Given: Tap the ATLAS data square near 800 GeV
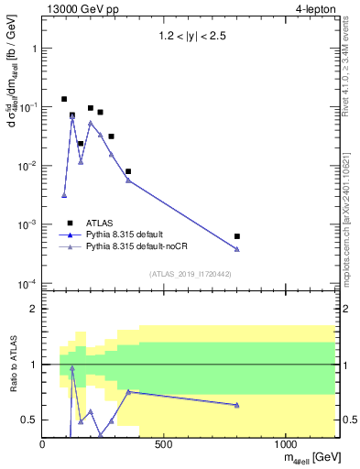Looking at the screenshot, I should pyautogui.click(x=237, y=236).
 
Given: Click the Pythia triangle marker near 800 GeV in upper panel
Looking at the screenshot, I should pyautogui.click(x=237, y=249).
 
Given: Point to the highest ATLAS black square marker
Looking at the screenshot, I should pyautogui.click(x=64, y=99).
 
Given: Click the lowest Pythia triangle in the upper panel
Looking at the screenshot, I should pyautogui.click(x=64, y=195).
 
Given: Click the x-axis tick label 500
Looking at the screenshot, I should pyautogui.click(x=164, y=444).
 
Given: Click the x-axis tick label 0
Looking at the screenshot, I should pyautogui.click(x=43, y=444).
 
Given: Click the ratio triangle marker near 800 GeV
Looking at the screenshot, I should pyautogui.click(x=237, y=405).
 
